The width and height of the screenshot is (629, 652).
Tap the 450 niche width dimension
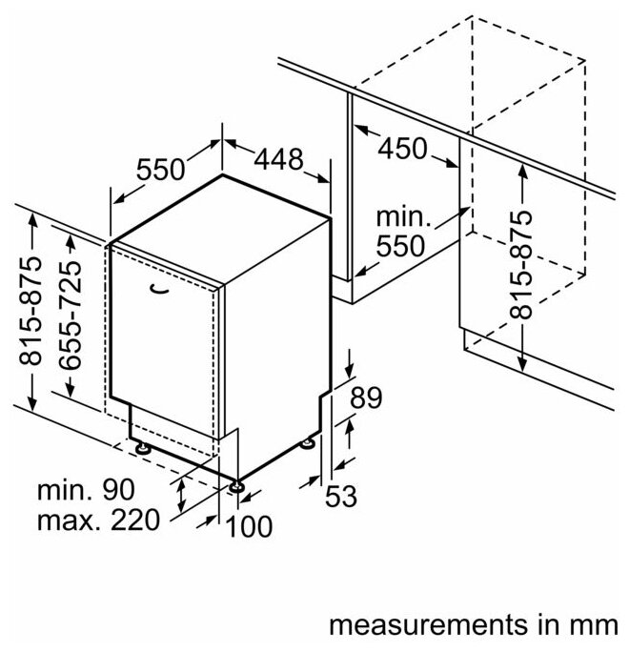(x=402, y=149)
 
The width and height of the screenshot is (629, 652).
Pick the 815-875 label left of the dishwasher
(x=31, y=316)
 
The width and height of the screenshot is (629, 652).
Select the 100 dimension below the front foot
(x=250, y=525)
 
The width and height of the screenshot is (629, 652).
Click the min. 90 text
(x=86, y=492)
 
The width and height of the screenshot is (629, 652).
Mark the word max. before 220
(x=68, y=521)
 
